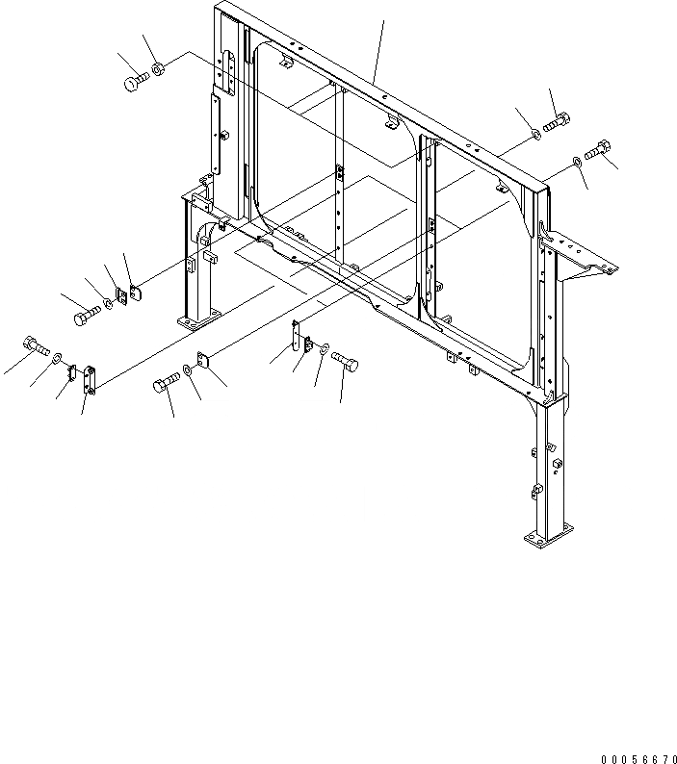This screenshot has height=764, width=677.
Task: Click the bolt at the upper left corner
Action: [x=133, y=82]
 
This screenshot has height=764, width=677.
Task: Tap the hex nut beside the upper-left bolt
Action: [x=159, y=68]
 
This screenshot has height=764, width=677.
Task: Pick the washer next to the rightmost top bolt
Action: [x=575, y=161]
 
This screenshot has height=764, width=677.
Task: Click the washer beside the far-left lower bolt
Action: [x=61, y=358]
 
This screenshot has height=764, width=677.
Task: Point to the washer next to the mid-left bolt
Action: [x=108, y=303]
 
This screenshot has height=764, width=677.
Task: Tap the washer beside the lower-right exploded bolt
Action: [x=325, y=348]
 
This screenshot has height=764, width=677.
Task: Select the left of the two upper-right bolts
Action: [x=557, y=122]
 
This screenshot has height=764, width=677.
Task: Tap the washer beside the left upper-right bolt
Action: [x=536, y=133]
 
